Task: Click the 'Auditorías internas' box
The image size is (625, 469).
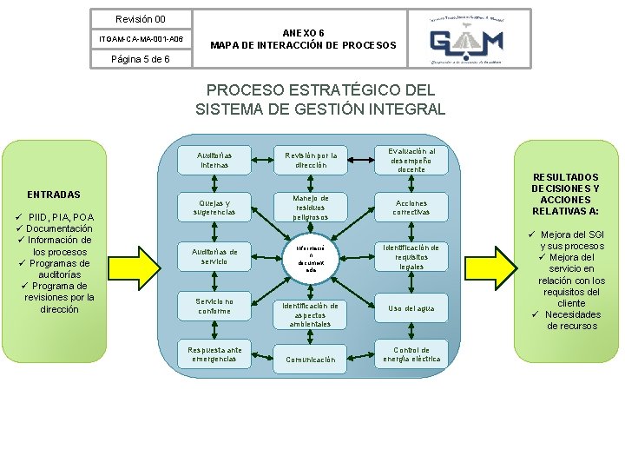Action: point(214,159)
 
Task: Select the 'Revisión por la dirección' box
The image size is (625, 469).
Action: point(311,160)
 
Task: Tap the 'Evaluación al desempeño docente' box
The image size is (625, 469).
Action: point(411,160)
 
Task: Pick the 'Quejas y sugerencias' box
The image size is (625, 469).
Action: point(214,207)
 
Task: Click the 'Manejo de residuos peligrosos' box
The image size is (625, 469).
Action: point(311,208)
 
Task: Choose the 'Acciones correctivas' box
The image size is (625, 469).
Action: point(411,208)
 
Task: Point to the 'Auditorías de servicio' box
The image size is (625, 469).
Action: point(214,256)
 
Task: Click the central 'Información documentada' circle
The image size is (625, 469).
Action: point(311,256)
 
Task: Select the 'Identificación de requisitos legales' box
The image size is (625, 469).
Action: point(411,257)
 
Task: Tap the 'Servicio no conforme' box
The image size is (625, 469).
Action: point(214,306)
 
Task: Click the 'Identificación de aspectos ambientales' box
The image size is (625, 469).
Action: point(311,314)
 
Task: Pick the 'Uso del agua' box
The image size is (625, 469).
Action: point(411,308)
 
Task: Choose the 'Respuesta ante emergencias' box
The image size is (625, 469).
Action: point(214,354)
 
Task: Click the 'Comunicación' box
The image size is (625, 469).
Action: point(311,359)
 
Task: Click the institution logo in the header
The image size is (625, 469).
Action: point(468,38)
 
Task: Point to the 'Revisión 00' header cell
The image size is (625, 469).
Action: point(141,18)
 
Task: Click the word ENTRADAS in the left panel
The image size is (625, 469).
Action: point(54,195)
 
